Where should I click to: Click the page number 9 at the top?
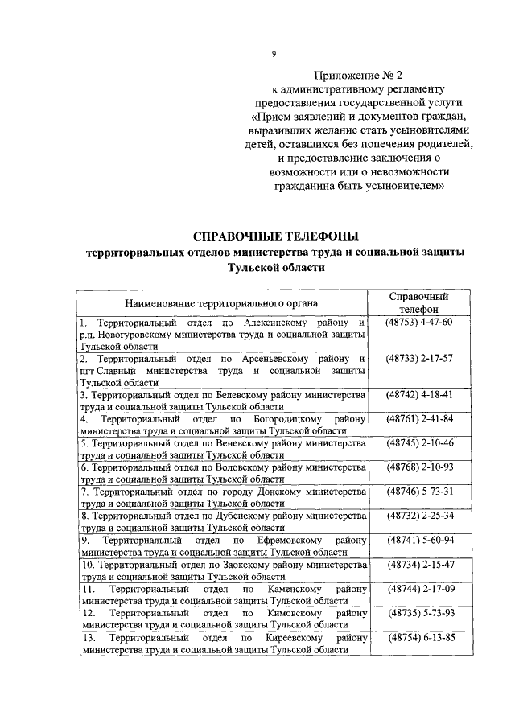coord(274,54)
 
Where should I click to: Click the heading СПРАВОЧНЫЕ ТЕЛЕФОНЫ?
coord(276,236)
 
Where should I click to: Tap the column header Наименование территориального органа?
coord(220,303)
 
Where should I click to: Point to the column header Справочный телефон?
coord(418,302)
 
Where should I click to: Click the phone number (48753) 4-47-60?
coord(419,323)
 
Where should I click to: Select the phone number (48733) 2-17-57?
coord(419,357)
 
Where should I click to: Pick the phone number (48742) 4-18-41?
coord(419,395)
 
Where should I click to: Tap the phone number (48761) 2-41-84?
coord(419,419)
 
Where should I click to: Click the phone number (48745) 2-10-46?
coord(419,443)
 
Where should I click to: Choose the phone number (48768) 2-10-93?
coord(419,467)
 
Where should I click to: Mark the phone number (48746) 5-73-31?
coord(419,492)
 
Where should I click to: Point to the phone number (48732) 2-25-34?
coord(419,516)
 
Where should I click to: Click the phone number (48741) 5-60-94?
coord(419,540)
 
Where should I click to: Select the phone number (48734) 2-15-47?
coord(419,564)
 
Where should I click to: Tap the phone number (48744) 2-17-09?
coord(419,589)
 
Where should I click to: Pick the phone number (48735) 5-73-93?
coord(419,613)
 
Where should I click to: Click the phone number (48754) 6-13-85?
coord(419,638)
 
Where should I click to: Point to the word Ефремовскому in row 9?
coord(291,540)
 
